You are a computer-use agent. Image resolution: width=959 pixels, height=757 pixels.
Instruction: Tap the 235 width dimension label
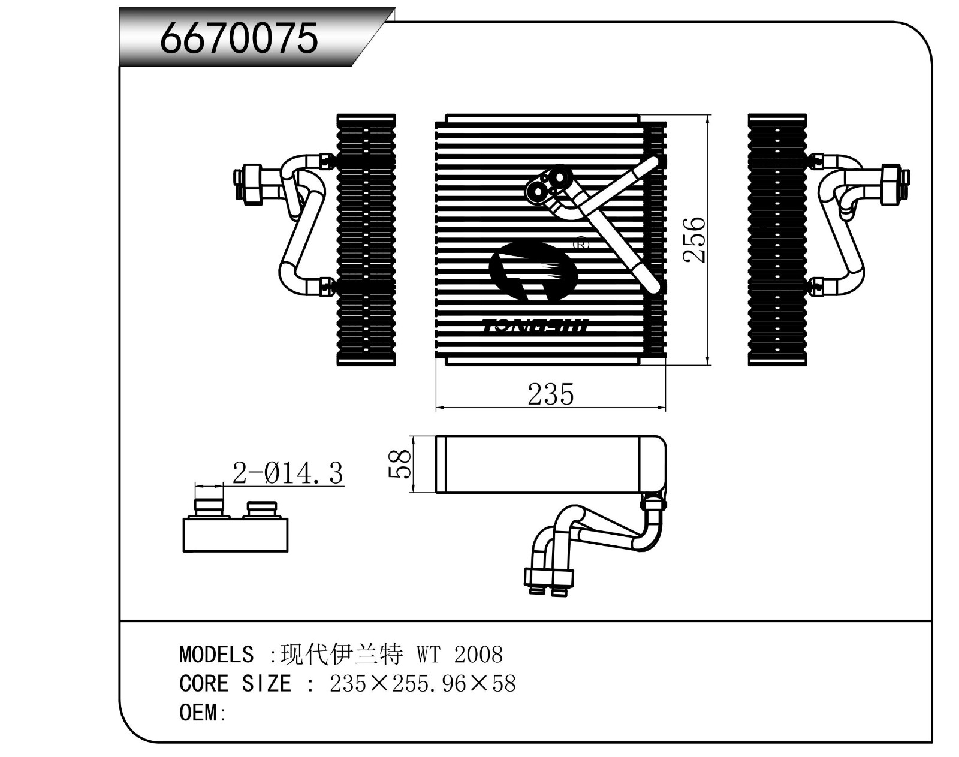click(550, 394)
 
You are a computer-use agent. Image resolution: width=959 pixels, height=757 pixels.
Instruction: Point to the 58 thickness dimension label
click(400, 465)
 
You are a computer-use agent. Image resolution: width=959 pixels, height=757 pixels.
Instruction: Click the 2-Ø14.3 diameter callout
click(288, 473)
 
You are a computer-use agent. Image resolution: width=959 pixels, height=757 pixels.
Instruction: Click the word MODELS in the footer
click(216, 654)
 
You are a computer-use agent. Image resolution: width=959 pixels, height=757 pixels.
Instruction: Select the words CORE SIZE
click(235, 683)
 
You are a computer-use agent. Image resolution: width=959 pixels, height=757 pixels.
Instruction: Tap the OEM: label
click(203, 713)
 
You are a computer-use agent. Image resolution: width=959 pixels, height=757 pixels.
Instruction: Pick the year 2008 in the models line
click(478, 654)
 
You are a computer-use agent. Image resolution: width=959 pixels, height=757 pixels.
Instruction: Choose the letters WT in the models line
click(429, 654)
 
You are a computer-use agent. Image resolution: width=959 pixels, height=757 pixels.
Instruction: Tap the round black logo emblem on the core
click(532, 271)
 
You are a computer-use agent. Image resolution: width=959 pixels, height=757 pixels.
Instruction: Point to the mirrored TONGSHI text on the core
click(536, 326)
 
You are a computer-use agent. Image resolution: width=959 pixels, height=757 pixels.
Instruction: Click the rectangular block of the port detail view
click(235, 535)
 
